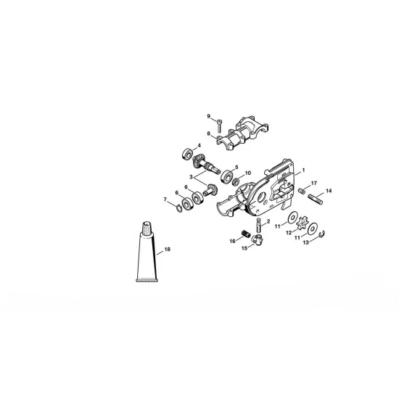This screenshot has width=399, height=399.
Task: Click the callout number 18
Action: [x=168, y=250]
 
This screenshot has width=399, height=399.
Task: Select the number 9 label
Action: [x=209, y=116]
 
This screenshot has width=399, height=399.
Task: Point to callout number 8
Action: [x=209, y=134]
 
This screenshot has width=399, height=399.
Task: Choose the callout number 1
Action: [x=296, y=170]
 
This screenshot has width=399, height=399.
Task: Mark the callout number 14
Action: [x=329, y=191]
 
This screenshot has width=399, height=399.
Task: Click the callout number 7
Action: [x=165, y=198]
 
